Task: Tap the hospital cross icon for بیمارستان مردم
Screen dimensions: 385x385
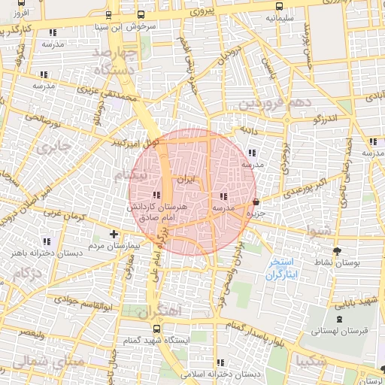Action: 114,234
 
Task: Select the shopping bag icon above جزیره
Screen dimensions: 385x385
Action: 257,202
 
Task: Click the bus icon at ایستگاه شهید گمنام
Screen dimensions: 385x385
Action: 156,329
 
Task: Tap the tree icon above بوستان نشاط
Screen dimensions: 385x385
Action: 335,250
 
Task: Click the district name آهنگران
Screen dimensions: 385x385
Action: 160,309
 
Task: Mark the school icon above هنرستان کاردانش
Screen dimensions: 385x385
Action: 156,196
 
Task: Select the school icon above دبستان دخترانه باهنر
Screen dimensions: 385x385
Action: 47,241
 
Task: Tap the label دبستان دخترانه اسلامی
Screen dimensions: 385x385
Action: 225,374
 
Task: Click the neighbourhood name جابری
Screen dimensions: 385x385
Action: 55,144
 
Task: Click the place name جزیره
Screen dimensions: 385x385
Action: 259,214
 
